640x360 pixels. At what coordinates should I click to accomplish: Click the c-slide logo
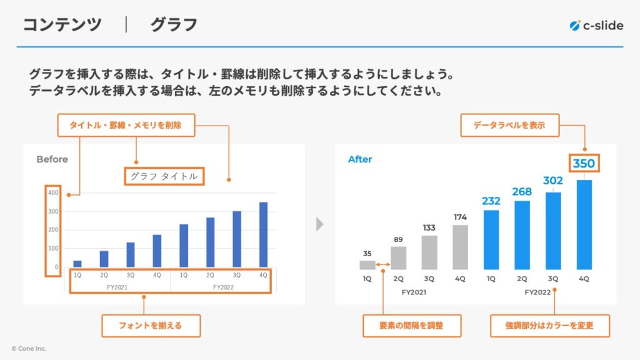coord(596,26)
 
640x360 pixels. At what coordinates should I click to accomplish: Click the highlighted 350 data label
coord(584,163)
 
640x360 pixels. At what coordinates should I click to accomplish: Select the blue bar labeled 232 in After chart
coord(491,239)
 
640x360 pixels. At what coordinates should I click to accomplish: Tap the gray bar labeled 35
coord(367,265)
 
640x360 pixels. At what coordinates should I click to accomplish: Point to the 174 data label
coord(460,217)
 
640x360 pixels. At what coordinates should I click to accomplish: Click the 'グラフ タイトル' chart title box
coord(164,176)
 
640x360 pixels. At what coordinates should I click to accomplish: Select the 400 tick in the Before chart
coord(53,192)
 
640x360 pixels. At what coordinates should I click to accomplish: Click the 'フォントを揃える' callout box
coord(151,326)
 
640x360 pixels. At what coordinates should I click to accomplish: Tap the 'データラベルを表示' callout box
coord(510,125)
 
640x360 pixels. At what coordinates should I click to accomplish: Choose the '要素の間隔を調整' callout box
coord(412,326)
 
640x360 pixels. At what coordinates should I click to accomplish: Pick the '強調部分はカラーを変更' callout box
coord(550,326)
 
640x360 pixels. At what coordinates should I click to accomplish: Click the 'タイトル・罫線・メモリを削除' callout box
coord(126,125)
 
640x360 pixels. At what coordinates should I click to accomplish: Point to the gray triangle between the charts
coord(319,224)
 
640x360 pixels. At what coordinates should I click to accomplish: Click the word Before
coord(52,159)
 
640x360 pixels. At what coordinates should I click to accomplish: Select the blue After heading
coord(360,159)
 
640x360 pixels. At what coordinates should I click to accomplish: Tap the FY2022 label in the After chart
coord(537,292)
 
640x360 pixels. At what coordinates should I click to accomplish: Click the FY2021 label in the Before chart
coord(117,287)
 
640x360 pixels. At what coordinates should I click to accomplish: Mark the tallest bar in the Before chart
coord(264,235)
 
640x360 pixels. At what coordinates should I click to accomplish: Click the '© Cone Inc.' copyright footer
coord(29,349)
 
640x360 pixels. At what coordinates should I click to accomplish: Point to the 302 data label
coord(553,181)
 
